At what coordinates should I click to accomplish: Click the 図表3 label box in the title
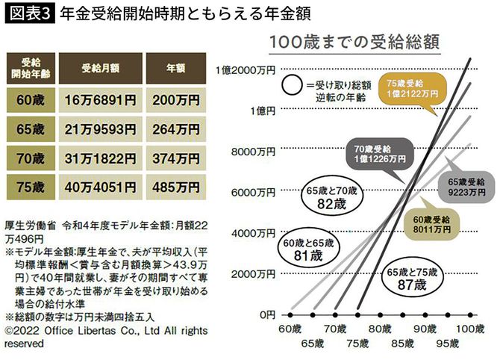[x=28, y=14]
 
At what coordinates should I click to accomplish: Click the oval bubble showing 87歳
[x=411, y=279]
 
